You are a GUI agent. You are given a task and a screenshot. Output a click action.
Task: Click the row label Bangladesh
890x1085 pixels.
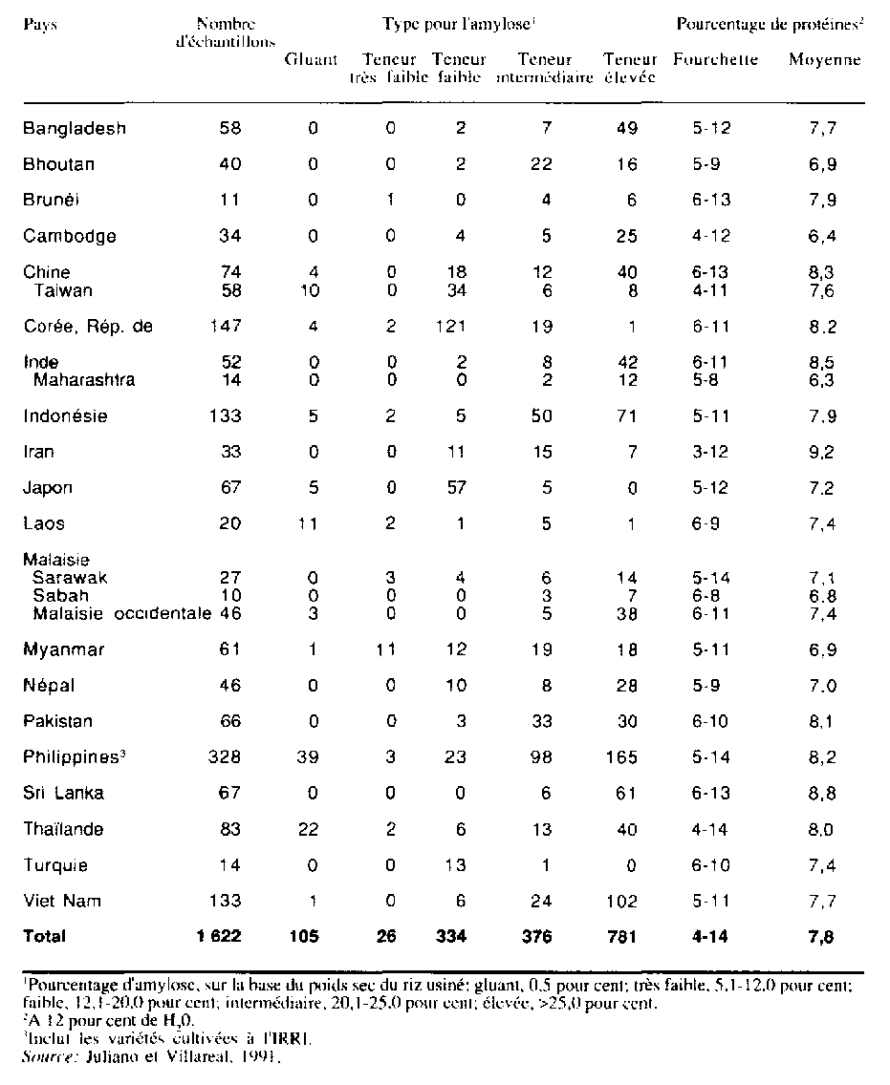[x=75, y=128]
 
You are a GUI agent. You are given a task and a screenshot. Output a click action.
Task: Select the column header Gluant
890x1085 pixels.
[x=311, y=60]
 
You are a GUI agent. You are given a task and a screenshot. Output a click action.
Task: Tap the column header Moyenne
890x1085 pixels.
[x=824, y=60]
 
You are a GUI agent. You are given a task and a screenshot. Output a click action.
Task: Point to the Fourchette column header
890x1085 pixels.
[x=715, y=60]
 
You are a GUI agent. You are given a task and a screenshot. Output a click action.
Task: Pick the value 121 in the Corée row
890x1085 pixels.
[x=453, y=327]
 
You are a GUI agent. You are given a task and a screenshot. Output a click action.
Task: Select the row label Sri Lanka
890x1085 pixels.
[x=63, y=794]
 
